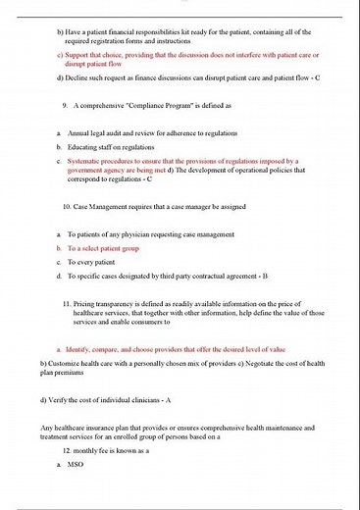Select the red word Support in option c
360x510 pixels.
point(81,55)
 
